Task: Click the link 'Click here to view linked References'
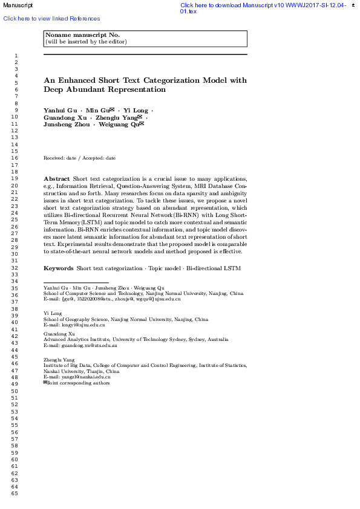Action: tap(51, 19)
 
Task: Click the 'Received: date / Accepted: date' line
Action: tap(79, 158)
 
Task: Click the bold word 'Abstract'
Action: tap(56, 179)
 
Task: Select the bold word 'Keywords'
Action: tap(58, 268)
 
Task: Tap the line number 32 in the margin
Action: tap(15, 267)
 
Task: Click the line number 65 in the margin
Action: tap(15, 493)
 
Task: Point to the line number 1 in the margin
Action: tap(15, 55)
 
